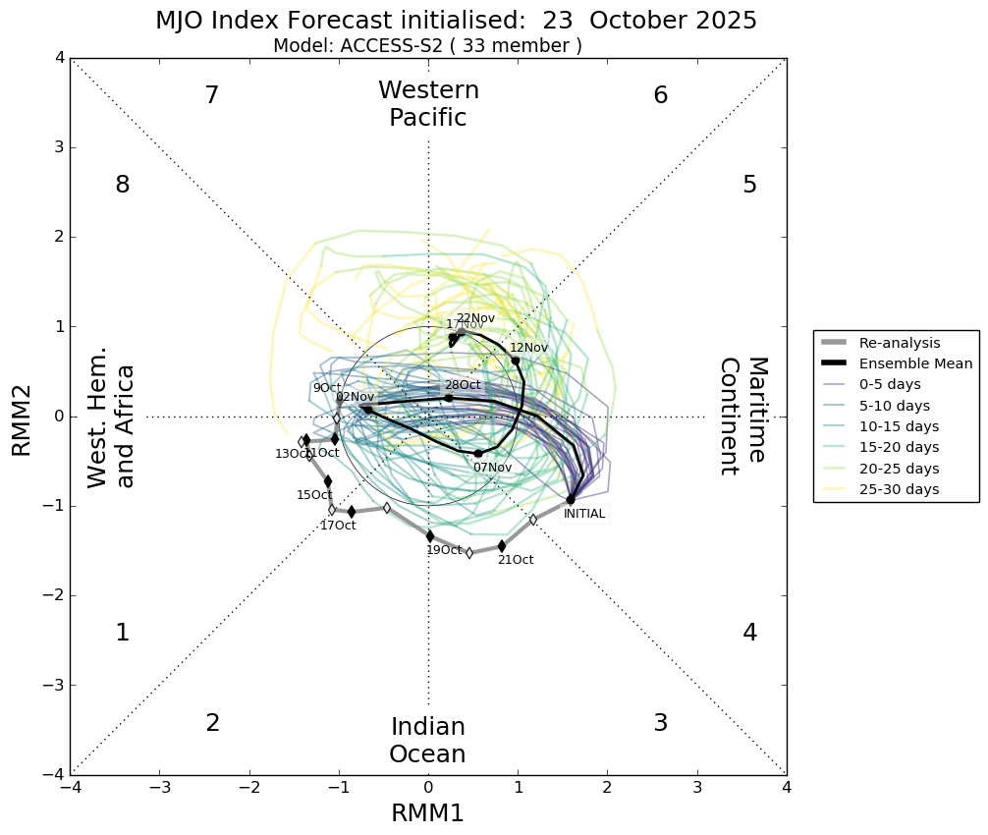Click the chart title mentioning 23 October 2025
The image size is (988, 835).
[x=456, y=21]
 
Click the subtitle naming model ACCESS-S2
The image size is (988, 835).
[x=427, y=45]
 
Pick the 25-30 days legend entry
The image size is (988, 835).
[x=899, y=489]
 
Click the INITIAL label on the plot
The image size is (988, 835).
[x=584, y=514]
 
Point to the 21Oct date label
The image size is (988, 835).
[x=516, y=560]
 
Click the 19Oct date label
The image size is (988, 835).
[x=444, y=550]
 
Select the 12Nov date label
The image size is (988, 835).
[x=528, y=348]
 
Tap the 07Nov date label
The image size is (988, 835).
[x=492, y=468]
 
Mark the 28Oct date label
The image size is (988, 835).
[x=463, y=385]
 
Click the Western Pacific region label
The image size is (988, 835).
[x=428, y=104]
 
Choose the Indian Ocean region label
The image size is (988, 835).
[x=427, y=741]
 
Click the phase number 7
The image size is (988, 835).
[x=211, y=95]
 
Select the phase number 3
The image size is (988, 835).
[x=660, y=723]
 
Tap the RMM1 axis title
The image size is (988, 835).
[x=427, y=813]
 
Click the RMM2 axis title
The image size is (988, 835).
[x=22, y=417]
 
